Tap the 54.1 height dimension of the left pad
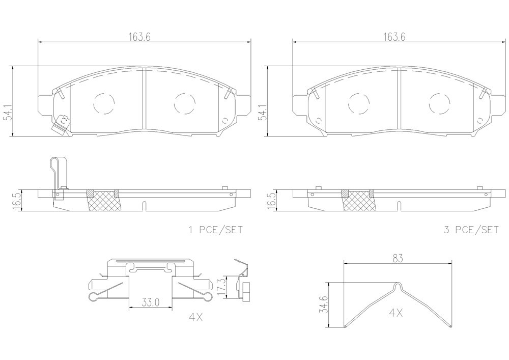point(7,113)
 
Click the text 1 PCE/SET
point(215,230)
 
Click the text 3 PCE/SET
point(471,230)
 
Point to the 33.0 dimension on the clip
point(151,302)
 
